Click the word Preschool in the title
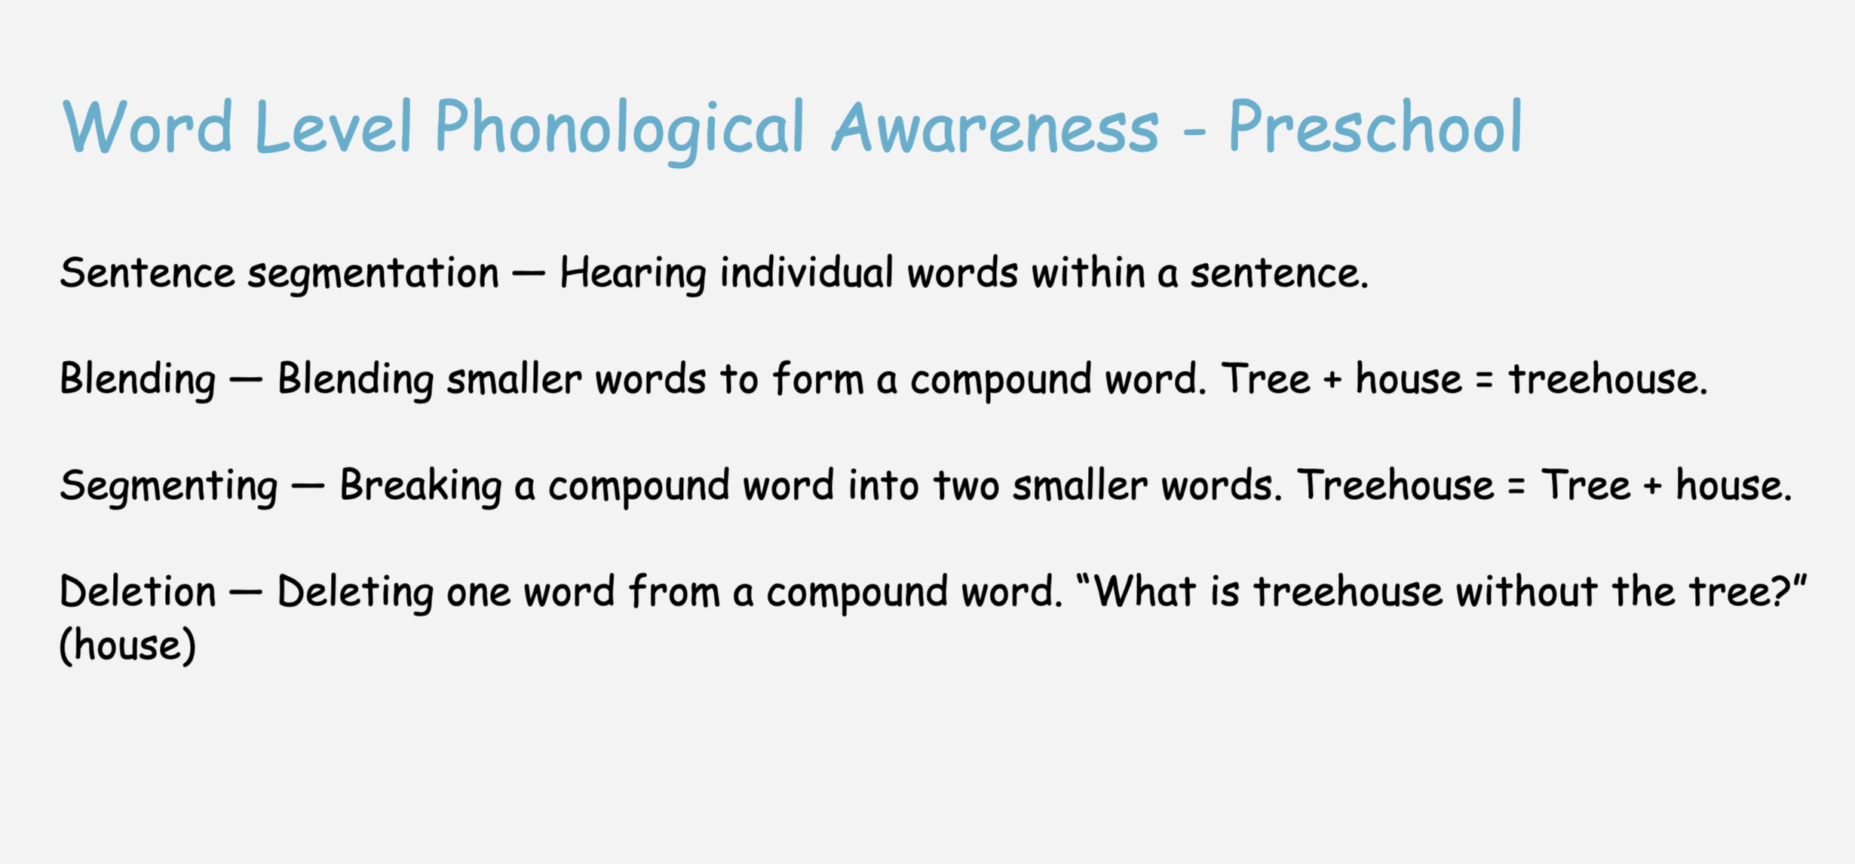1375,127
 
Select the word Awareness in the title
995,127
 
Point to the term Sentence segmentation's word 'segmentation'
373,274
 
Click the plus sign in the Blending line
1332,379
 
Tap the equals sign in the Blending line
1485,379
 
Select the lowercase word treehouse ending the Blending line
1608,378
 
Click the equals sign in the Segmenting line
1516,486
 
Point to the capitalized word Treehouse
1395,485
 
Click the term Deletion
138,592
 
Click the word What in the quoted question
1145,592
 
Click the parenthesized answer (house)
127,646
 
